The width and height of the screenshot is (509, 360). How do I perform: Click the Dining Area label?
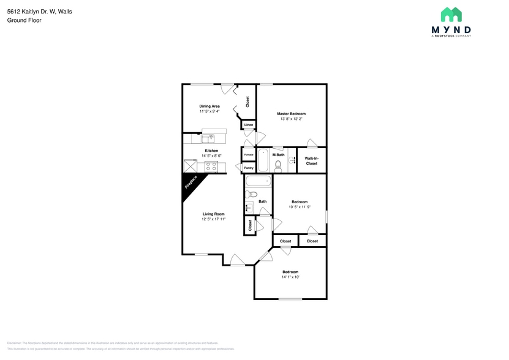click(209, 106)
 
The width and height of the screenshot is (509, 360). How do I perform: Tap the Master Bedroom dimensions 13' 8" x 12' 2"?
click(291, 119)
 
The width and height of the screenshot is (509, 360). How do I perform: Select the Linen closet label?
click(248, 126)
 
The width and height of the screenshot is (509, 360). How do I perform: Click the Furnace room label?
click(249, 154)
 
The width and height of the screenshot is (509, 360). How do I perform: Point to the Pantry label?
click(249, 168)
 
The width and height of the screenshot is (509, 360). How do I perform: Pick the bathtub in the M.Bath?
click(263, 160)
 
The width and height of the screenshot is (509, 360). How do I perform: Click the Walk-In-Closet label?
click(311, 161)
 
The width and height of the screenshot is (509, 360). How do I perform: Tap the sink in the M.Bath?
click(292, 160)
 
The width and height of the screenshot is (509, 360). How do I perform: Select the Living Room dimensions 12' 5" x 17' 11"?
click(214, 219)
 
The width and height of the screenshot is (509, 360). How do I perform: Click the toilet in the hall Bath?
click(249, 195)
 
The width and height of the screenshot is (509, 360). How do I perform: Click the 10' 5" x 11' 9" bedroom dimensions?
click(300, 206)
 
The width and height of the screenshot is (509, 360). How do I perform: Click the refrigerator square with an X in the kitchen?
click(189, 166)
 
